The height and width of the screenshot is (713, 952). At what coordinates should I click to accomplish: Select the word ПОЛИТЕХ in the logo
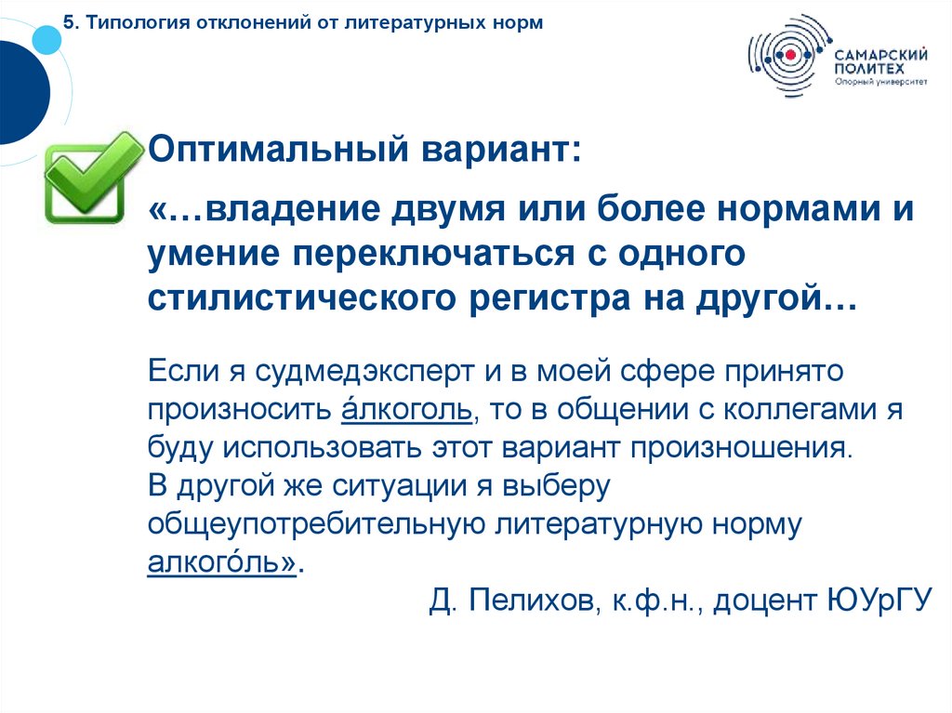[x=866, y=68]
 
